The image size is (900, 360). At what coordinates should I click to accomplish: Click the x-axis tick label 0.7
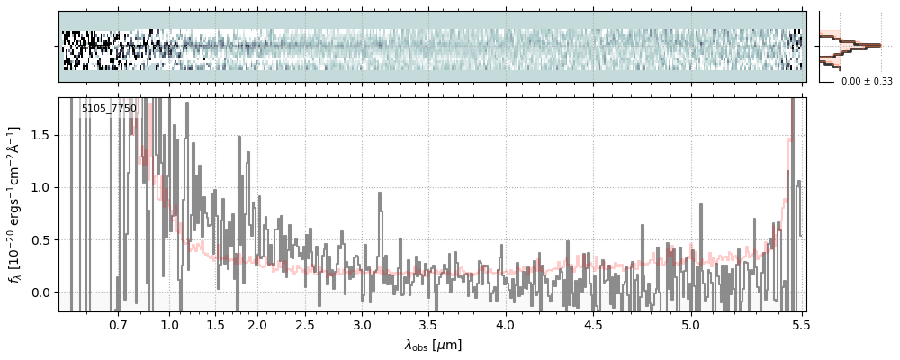(x=118, y=324)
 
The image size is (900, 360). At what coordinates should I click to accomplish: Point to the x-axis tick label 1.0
(x=169, y=324)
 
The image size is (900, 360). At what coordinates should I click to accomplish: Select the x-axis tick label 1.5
(x=215, y=324)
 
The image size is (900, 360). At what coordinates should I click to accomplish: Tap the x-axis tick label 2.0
(x=257, y=324)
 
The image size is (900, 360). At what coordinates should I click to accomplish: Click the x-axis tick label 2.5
(x=305, y=324)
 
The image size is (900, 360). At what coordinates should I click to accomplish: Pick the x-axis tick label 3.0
(x=362, y=324)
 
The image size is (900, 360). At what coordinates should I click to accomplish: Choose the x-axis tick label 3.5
(x=429, y=324)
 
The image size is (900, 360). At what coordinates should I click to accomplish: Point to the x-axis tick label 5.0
(x=690, y=324)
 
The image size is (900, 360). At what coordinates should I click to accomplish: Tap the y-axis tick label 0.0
(x=41, y=292)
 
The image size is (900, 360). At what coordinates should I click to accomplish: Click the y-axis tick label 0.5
(x=41, y=240)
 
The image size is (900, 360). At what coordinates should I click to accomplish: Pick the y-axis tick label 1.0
(x=41, y=187)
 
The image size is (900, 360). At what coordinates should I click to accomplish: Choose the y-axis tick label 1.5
(x=41, y=135)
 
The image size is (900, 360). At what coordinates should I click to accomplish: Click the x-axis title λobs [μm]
(x=433, y=345)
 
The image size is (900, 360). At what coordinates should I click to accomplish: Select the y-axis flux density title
(x=15, y=204)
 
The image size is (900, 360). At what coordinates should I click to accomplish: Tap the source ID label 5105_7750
(x=109, y=109)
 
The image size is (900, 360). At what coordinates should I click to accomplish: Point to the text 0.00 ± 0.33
(x=867, y=81)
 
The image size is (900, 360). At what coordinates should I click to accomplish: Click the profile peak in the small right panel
(x=878, y=45)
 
